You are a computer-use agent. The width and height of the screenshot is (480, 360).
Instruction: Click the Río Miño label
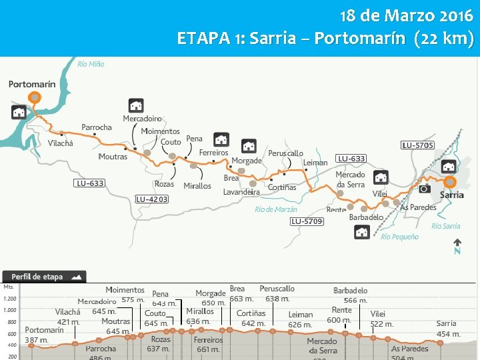tap(91, 64)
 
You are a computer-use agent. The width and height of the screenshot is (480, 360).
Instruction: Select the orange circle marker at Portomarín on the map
tap(35, 97)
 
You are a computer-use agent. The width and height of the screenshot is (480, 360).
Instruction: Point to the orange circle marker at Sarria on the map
tap(451, 181)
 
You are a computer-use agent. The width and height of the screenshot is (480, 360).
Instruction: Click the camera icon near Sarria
tap(424, 189)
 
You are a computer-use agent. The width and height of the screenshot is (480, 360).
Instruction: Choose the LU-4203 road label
tap(152, 199)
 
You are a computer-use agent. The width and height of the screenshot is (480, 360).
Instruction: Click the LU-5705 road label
tap(417, 145)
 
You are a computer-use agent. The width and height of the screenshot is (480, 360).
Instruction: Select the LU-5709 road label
tap(307, 221)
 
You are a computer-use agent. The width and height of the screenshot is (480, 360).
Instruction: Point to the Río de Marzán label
tap(276, 209)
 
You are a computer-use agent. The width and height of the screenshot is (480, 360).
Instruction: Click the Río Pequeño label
tap(400, 237)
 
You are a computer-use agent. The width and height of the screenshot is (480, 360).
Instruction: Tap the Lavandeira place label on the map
tap(241, 192)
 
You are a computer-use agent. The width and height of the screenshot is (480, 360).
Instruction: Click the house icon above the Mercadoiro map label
tap(136, 105)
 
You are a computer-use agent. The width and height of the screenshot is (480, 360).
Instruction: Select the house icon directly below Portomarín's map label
tap(19, 112)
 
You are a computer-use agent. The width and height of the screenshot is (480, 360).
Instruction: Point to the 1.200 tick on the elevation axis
tap(10, 299)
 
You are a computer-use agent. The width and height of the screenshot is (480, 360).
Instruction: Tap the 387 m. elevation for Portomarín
tap(37, 340)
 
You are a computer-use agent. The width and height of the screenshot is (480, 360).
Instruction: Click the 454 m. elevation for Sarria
tap(448, 334)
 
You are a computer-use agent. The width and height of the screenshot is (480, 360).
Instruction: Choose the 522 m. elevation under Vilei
tap(382, 324)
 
